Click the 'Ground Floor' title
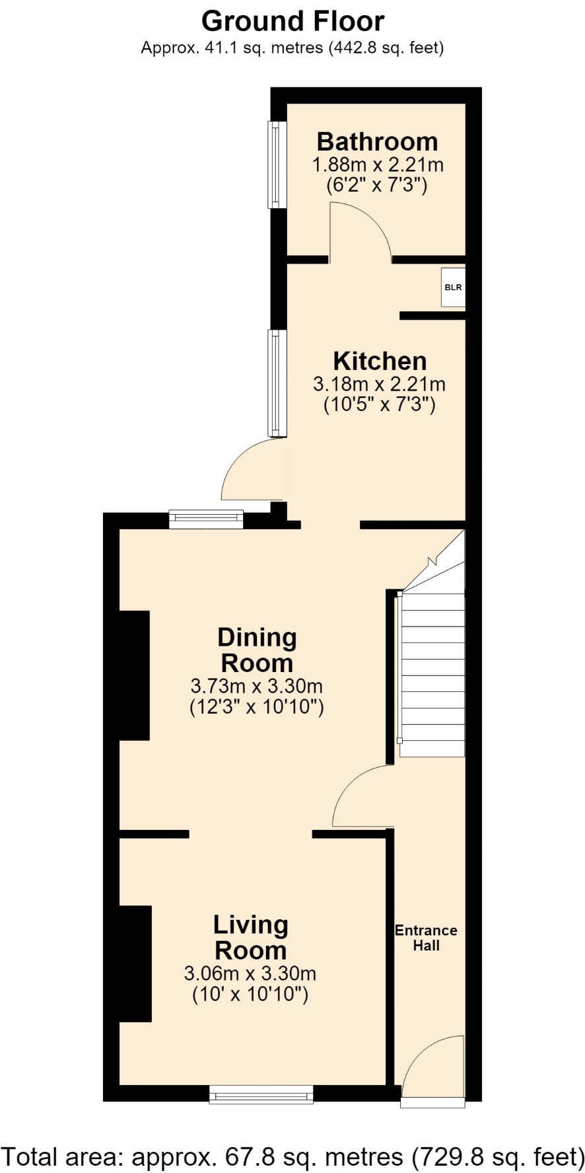(x=292, y=21)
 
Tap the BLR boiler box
(x=453, y=287)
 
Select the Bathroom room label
(x=377, y=141)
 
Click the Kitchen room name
(x=380, y=361)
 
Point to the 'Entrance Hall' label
(x=426, y=938)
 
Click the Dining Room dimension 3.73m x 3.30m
(x=257, y=685)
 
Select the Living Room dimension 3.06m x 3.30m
(x=250, y=973)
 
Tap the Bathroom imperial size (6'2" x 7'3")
(x=377, y=185)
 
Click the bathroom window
(x=277, y=164)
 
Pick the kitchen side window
(x=277, y=383)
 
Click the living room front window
(x=261, y=1094)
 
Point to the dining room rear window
(x=206, y=519)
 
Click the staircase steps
(x=432, y=674)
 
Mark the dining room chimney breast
(x=135, y=675)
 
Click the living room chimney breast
(x=135, y=964)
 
